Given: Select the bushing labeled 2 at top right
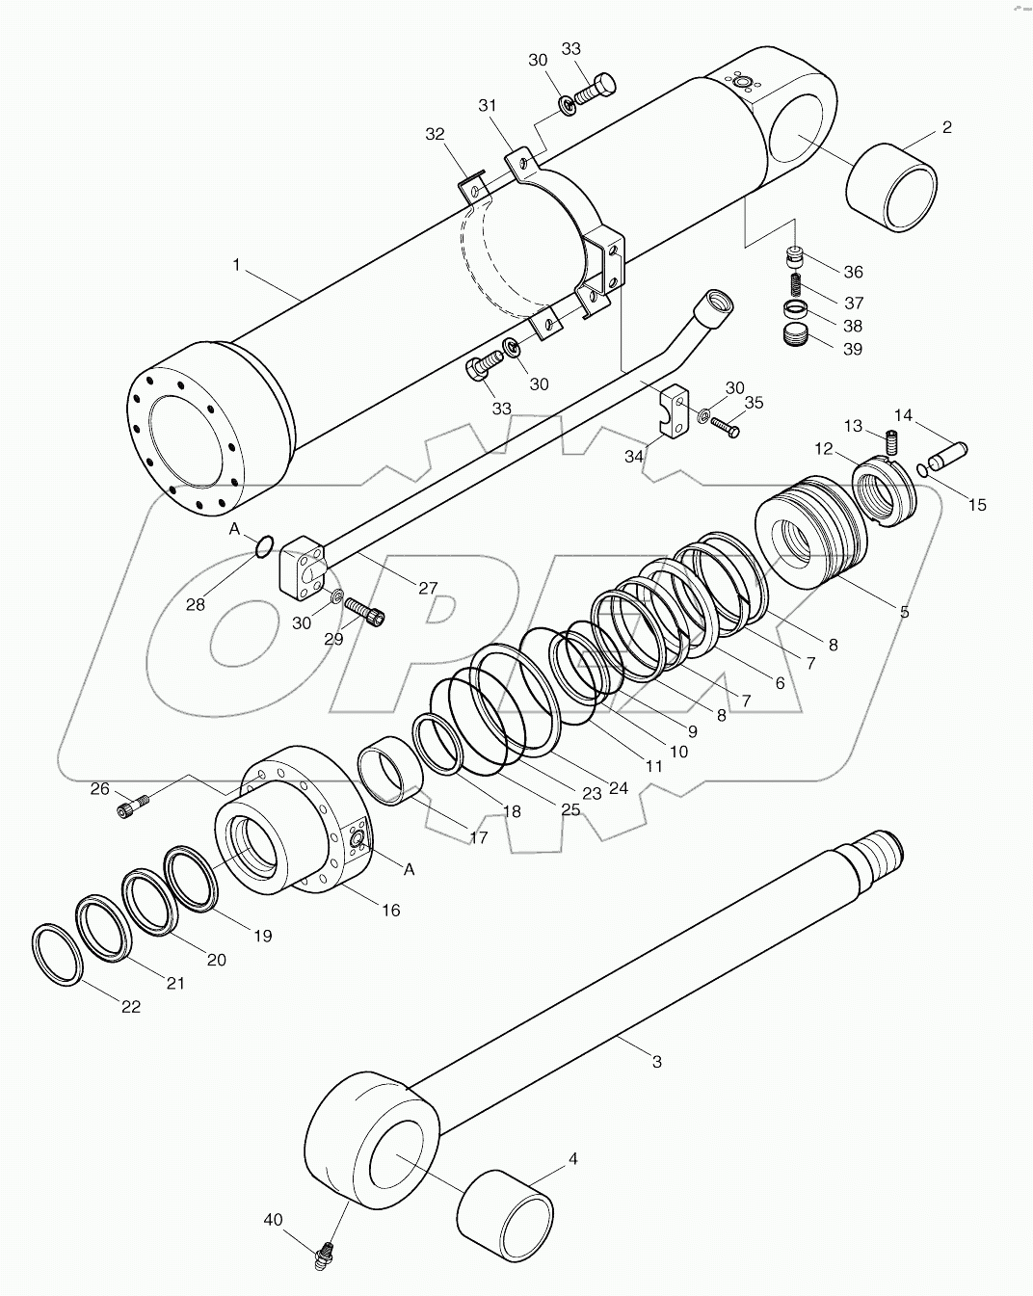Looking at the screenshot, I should tap(892, 189).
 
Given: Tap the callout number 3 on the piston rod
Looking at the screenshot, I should tap(656, 1062).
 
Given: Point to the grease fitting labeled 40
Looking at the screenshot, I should tap(327, 1255).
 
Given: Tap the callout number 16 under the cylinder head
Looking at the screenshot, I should tap(391, 910).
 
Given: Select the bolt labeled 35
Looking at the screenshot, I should tap(728, 427).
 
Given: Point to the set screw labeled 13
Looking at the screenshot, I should tap(891, 443).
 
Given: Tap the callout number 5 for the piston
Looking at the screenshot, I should tap(904, 611).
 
